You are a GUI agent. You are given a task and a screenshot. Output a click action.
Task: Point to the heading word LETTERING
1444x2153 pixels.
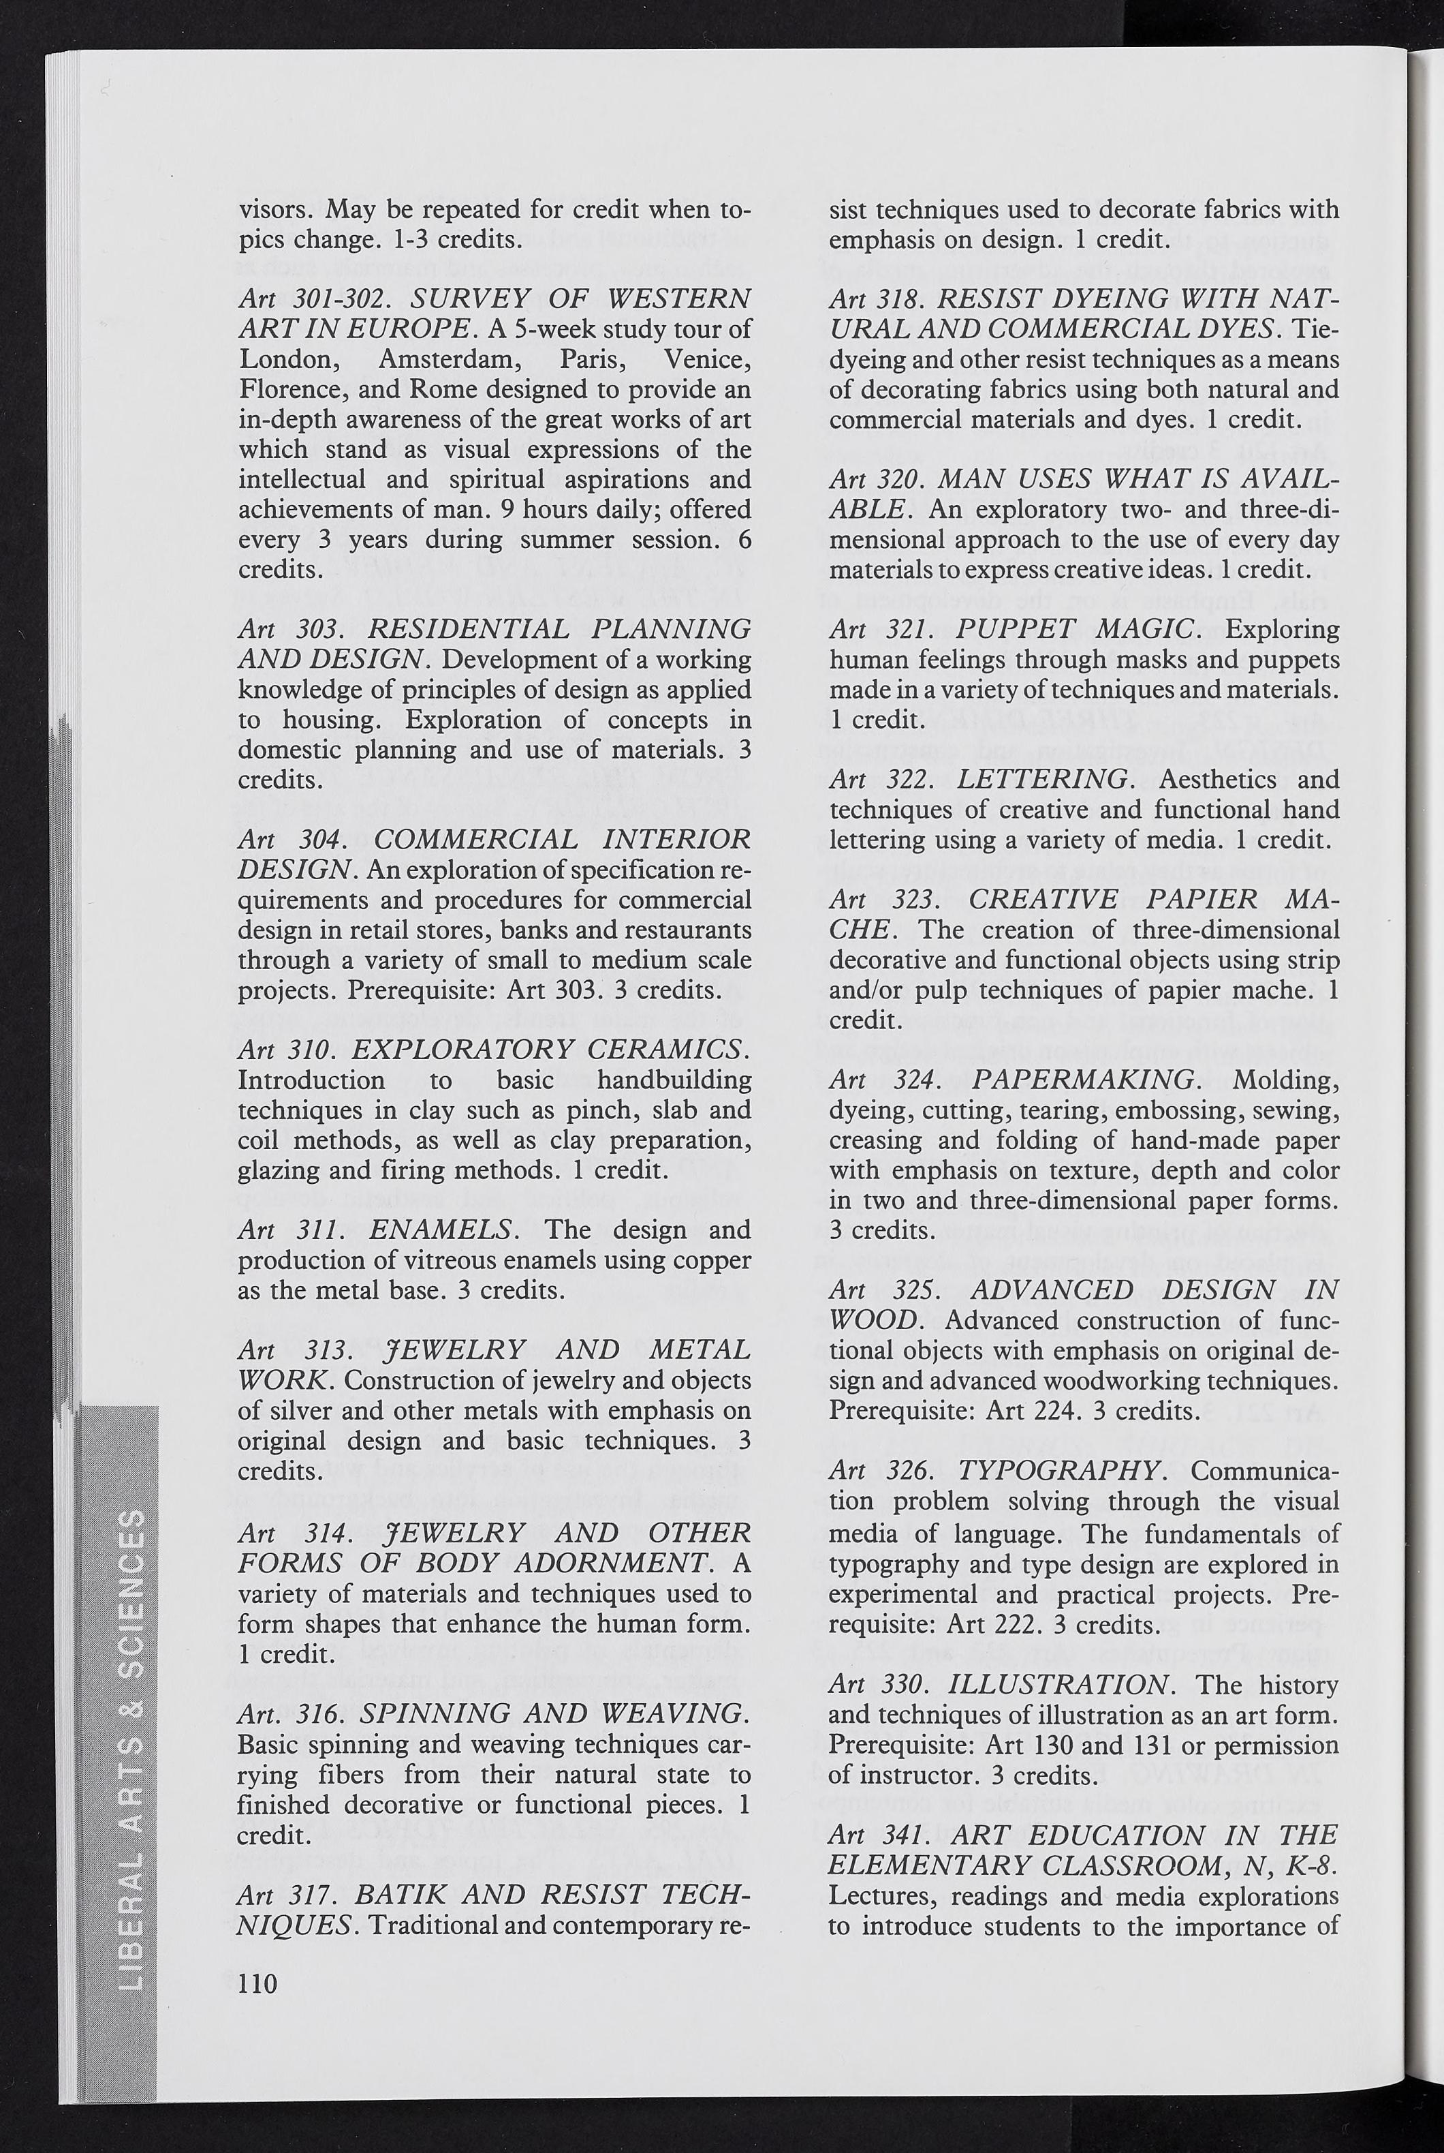pos(1041,780)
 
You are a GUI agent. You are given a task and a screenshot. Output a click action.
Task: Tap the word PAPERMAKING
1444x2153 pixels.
pos(1084,1079)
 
